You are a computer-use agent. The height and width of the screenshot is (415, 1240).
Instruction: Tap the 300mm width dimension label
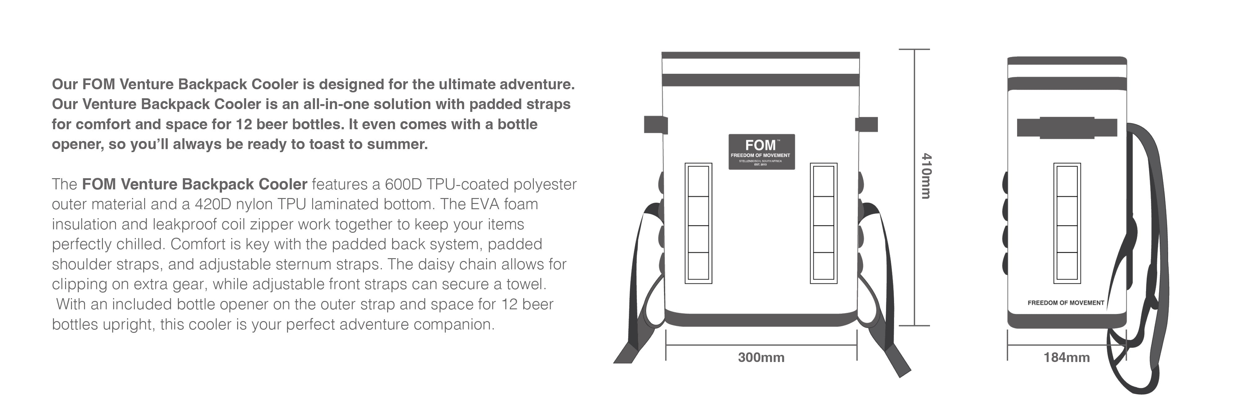[x=761, y=358]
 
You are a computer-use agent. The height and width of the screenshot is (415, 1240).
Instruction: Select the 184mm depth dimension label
[x=1066, y=358]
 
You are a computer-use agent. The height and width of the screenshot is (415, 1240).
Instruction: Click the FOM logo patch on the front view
[x=761, y=152]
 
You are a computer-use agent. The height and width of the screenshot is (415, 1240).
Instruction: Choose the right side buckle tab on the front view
[x=866, y=124]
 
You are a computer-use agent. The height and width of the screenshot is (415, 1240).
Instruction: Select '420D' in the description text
[x=216, y=204]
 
